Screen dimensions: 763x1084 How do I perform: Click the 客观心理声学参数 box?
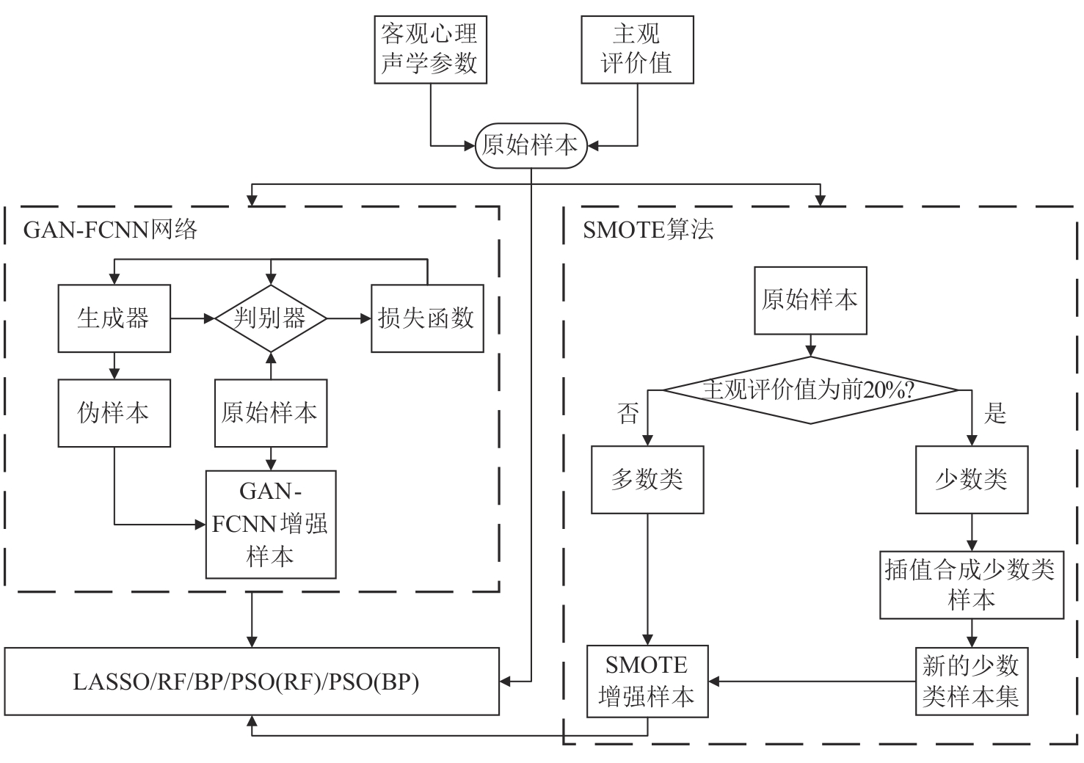coord(430,49)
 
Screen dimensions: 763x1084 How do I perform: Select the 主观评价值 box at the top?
coord(636,49)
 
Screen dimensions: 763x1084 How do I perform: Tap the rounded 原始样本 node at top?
coord(530,145)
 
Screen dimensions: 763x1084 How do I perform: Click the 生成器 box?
coord(114,318)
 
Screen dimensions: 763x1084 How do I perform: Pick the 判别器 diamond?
coord(270,318)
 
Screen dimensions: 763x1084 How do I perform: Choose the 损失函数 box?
coord(426,318)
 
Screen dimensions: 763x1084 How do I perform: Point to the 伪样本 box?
coord(114,413)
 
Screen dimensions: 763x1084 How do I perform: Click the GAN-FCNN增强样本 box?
coord(270,524)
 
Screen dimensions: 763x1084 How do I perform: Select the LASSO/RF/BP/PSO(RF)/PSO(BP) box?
coord(251,682)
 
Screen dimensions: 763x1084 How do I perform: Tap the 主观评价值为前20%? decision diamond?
coord(810,390)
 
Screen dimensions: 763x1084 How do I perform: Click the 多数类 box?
coord(647,480)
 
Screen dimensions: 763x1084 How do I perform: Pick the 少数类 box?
coord(971,480)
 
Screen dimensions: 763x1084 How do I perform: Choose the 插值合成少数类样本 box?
coord(971,585)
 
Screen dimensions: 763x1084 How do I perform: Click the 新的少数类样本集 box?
coord(971,682)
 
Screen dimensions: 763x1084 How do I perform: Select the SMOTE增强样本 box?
coord(647,682)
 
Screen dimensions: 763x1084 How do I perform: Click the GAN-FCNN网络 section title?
coord(111,230)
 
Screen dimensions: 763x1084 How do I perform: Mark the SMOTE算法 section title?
coord(648,230)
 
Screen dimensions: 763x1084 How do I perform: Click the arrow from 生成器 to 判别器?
coord(192,318)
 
